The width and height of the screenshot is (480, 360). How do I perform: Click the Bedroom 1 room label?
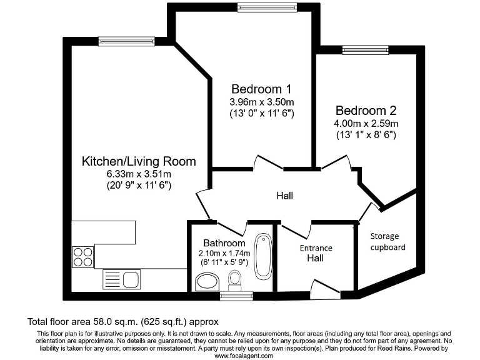coord(261,88)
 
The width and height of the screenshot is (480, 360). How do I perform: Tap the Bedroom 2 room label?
coord(366,110)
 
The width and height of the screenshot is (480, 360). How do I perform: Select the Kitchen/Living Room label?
coord(139,161)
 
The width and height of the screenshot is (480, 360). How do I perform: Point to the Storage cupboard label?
coord(387,241)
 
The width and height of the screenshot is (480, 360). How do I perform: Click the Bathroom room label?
coord(224,242)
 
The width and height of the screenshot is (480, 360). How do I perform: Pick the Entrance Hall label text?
coord(316,252)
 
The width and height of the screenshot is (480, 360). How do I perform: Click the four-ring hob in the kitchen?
coord(83,256)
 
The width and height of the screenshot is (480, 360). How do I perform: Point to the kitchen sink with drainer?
coord(122,278)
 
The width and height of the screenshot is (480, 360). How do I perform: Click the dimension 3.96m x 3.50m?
coord(261,101)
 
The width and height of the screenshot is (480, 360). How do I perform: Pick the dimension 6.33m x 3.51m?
coord(139,174)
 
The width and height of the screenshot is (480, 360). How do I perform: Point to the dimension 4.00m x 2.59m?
coord(366,123)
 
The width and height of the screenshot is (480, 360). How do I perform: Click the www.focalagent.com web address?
coord(244,355)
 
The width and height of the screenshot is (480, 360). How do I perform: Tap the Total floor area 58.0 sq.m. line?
coord(122,322)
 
